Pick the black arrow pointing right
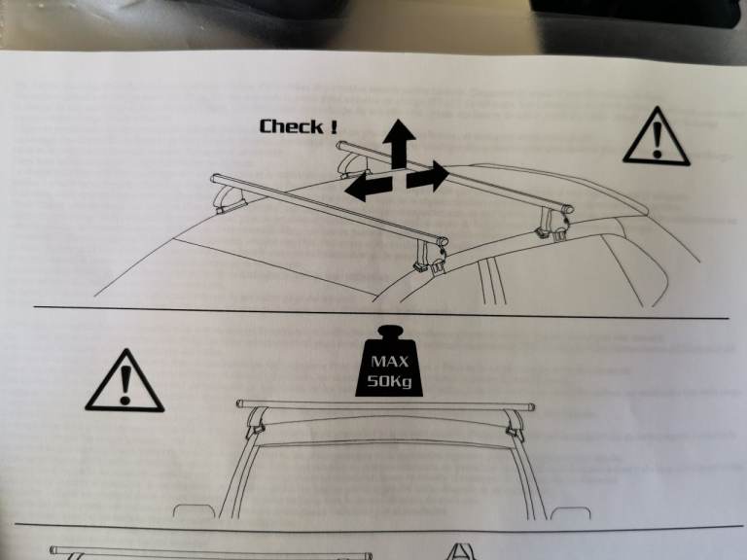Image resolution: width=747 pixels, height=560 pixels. coord(429,178)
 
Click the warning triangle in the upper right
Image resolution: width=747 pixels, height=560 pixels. coord(657,138)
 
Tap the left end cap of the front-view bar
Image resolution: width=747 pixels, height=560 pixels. coord(239,404)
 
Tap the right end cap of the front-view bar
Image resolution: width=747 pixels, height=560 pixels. coord(529,406)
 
